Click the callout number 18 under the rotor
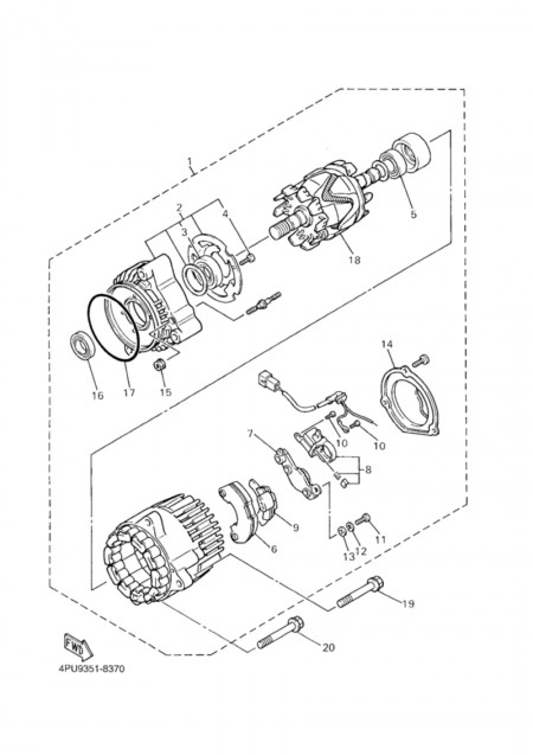pos(354,260)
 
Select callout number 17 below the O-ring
pos(128,393)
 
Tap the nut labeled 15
pos(159,367)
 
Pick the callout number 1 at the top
pos(189,161)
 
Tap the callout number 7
pos(250,433)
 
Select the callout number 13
pos(348,557)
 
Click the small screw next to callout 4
pos(248,259)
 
